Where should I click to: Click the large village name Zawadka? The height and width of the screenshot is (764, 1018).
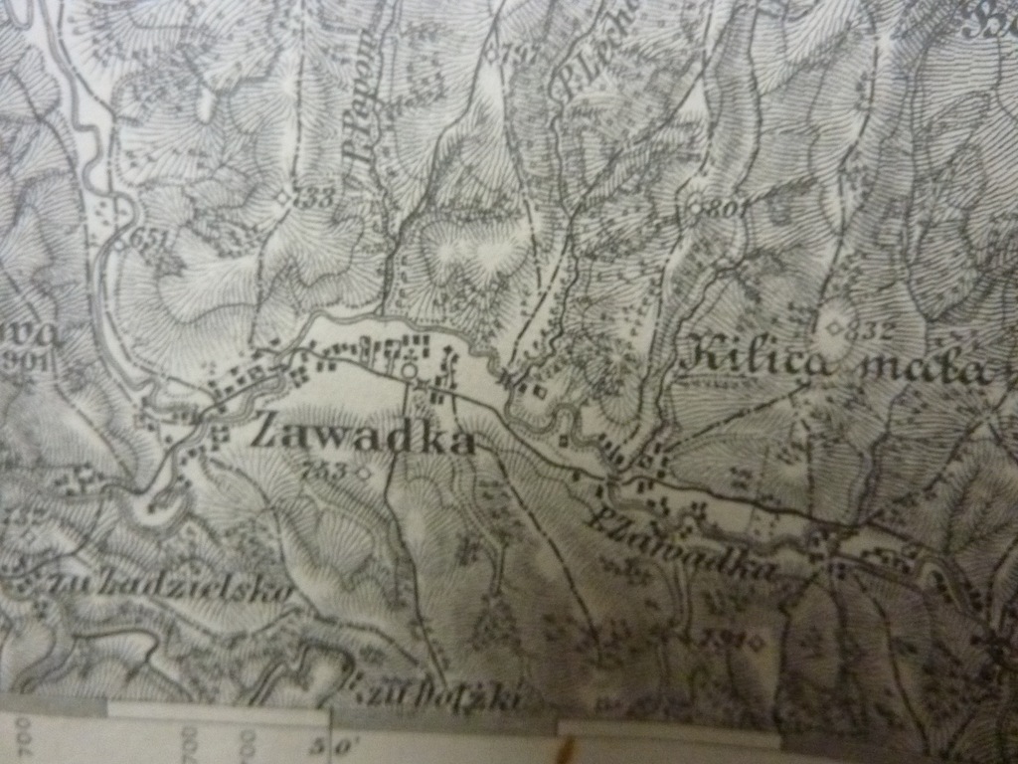(363, 435)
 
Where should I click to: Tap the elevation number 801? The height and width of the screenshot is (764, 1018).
(729, 208)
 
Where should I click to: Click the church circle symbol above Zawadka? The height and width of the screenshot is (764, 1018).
(409, 371)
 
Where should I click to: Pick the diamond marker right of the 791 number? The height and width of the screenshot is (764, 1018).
(757, 642)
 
